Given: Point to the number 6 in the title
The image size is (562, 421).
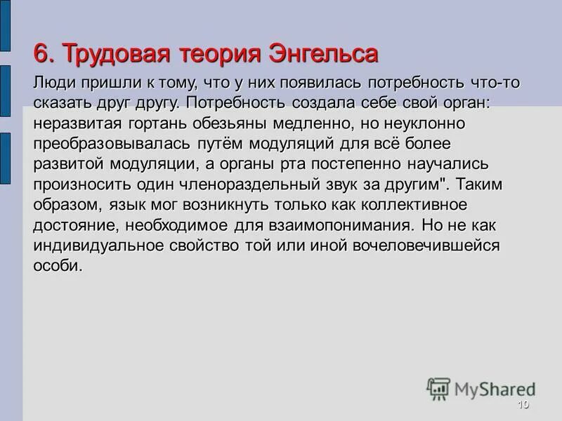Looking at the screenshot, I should tap(41, 53).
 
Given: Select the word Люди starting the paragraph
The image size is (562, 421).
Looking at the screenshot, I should tap(54, 83).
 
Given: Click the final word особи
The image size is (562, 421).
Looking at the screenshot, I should tap(58, 266).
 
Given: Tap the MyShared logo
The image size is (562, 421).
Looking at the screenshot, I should tap(480, 389).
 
